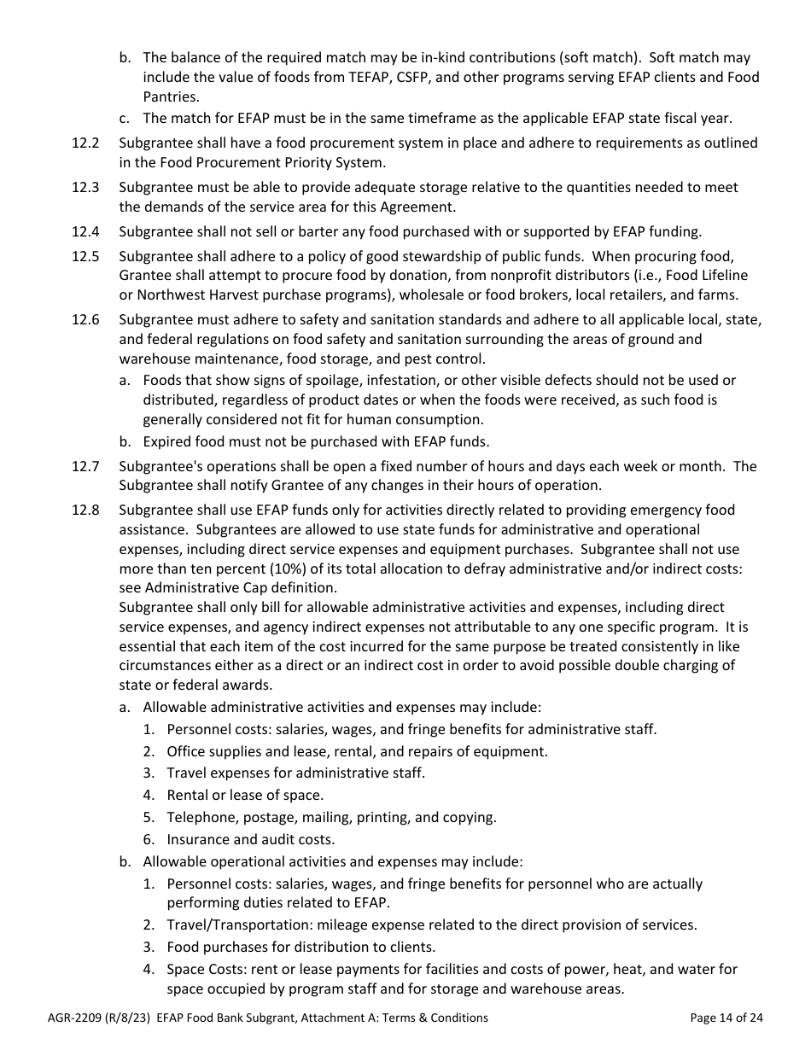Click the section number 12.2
tap(85, 143)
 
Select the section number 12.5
tap(85, 256)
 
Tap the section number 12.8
tap(85, 510)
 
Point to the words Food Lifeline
tap(705, 276)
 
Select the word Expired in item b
tap(170, 441)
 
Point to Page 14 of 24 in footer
tap(726, 1018)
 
